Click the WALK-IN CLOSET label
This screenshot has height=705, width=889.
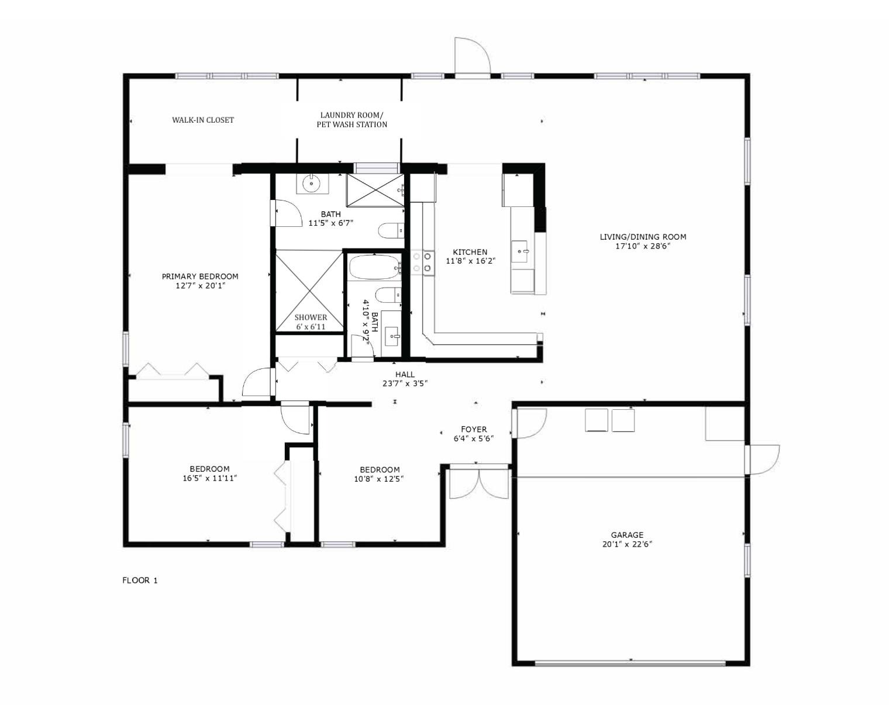pos(203,120)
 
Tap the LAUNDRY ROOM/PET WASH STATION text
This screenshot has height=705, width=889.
pos(352,120)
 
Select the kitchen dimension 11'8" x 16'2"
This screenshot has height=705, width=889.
pos(470,261)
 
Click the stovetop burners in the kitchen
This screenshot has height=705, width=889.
pos(422,262)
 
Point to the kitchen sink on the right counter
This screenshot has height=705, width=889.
pos(520,251)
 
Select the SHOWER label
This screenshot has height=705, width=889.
pos(311,317)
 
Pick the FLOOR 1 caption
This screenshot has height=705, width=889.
pos(140,580)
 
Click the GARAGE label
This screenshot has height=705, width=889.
pos(627,535)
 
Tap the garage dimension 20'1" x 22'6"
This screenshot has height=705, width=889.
pos(627,544)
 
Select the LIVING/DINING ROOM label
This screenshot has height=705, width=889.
pos(643,237)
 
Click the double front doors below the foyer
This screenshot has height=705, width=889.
pos(479,483)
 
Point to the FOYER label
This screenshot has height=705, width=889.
pos(474,429)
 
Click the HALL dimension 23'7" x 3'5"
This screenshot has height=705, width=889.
pos(405,383)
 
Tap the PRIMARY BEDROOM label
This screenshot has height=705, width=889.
pos(200,277)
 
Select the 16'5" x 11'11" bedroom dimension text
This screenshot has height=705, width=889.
pos(210,478)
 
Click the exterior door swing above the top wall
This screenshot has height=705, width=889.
pos(473,57)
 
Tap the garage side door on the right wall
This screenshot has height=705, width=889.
pos(763,459)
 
